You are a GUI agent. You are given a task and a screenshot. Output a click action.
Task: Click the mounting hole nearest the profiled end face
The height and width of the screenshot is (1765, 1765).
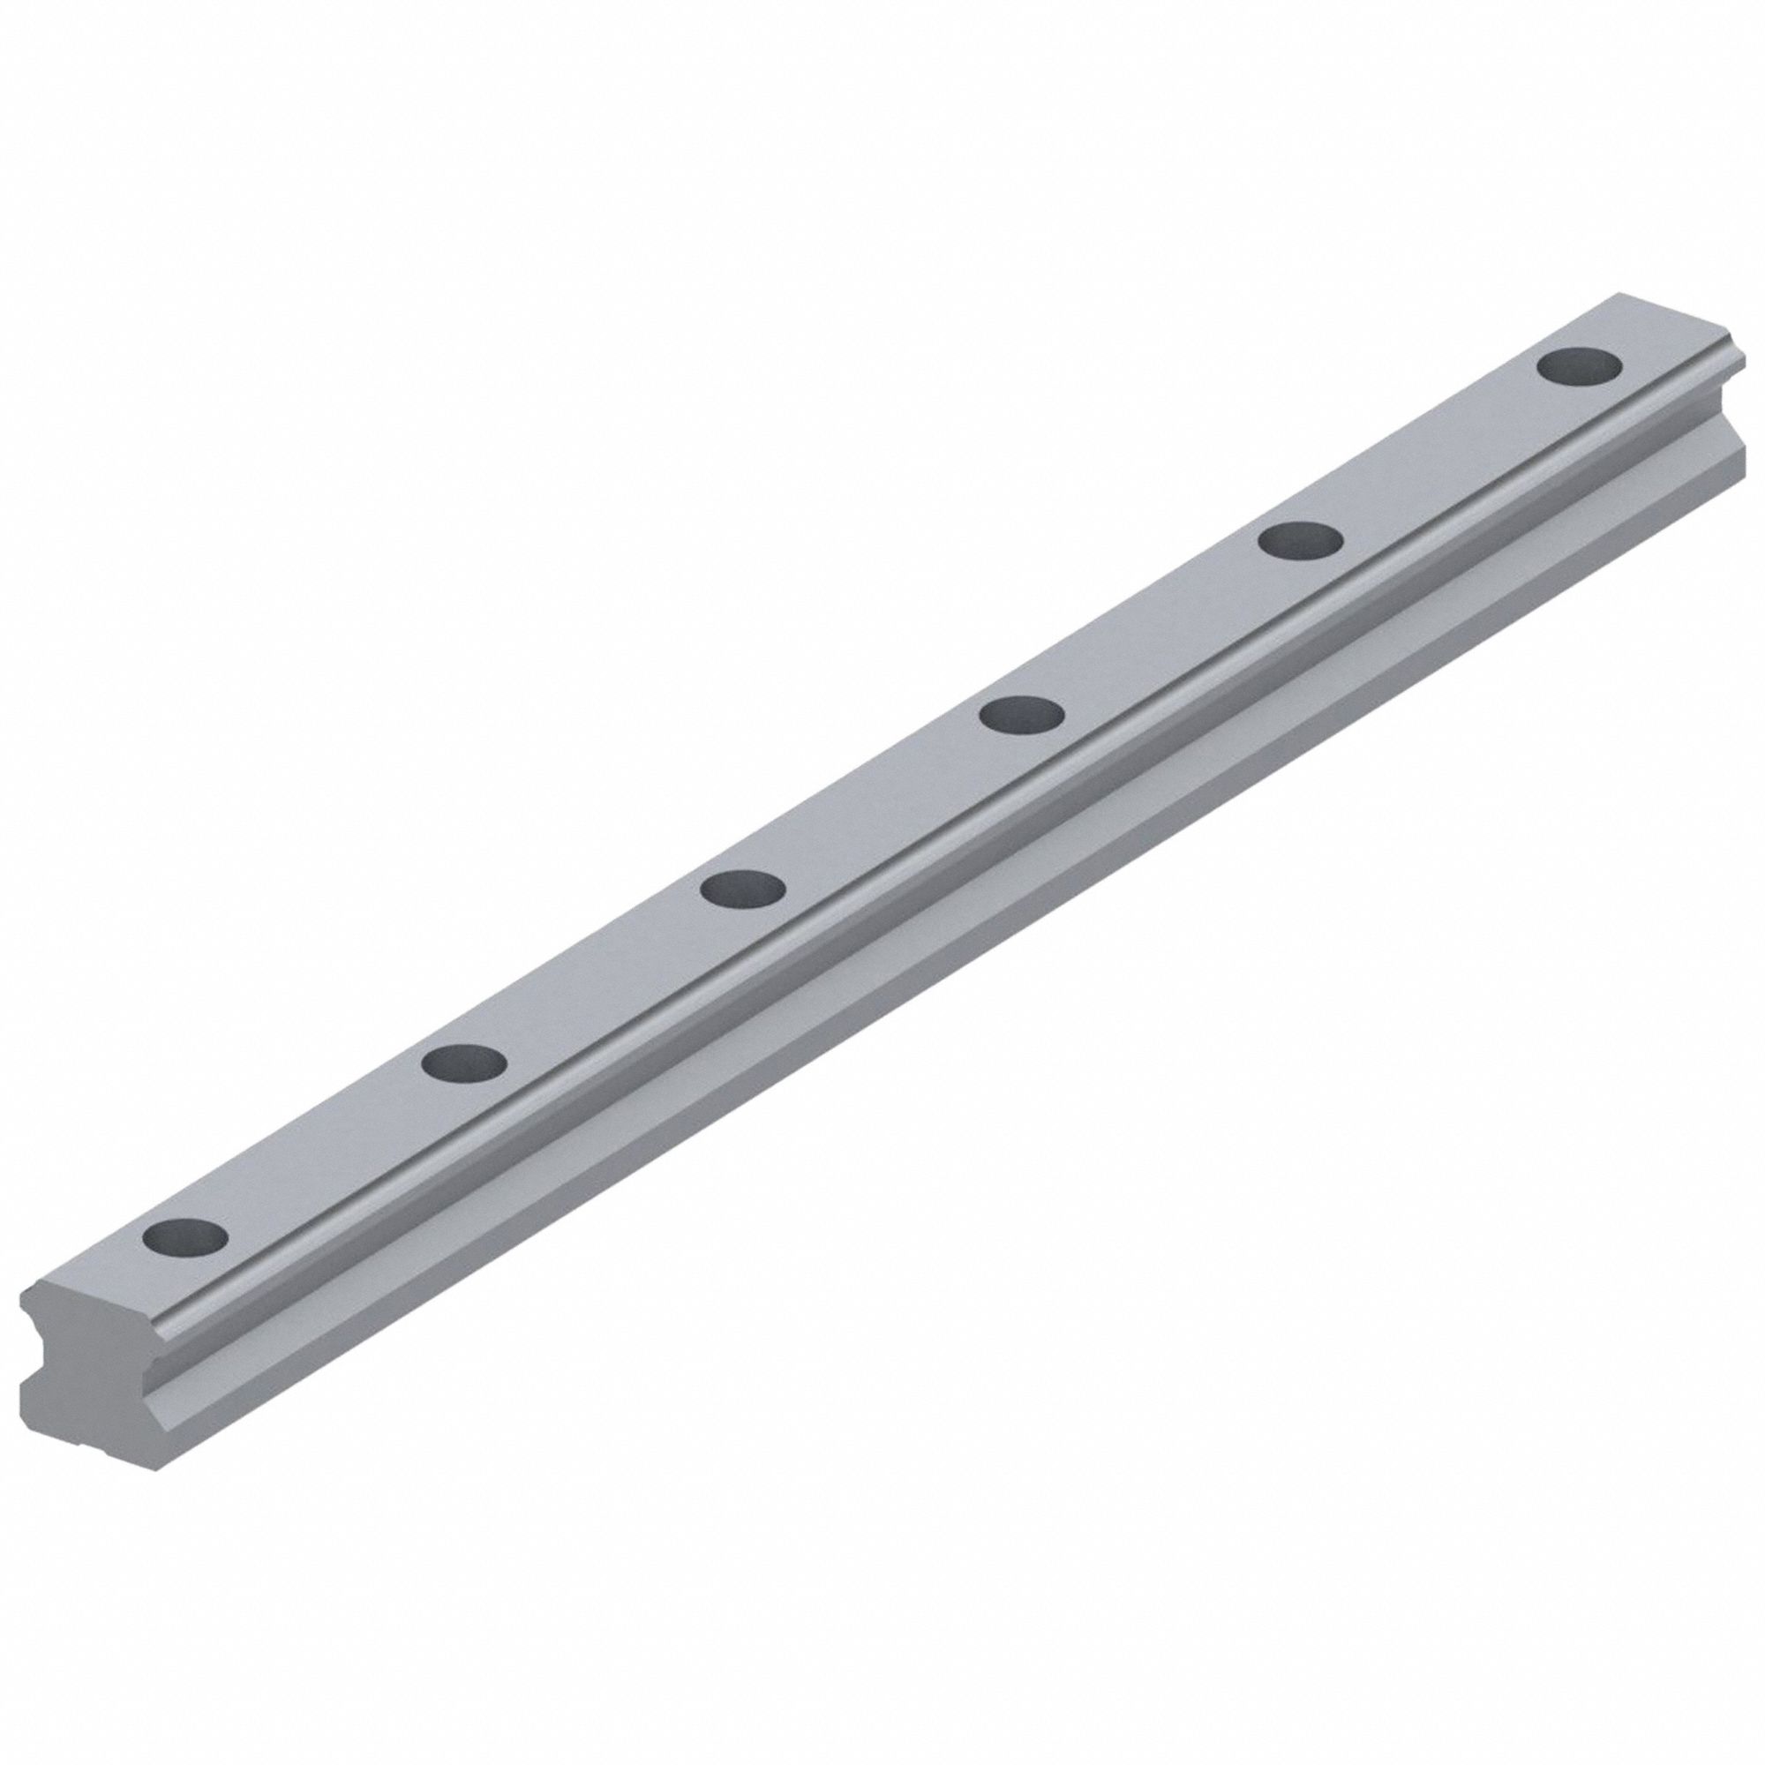(185, 1237)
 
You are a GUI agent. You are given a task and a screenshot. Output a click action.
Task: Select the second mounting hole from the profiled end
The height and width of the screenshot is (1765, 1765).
(465, 1062)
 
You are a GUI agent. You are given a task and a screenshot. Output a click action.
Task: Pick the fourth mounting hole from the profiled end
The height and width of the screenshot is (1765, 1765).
(1021, 712)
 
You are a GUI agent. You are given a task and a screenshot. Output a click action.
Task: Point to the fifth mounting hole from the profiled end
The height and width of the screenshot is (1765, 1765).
(1300, 539)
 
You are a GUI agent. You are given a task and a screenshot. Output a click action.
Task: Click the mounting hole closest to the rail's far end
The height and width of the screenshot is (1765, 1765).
(1580, 365)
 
